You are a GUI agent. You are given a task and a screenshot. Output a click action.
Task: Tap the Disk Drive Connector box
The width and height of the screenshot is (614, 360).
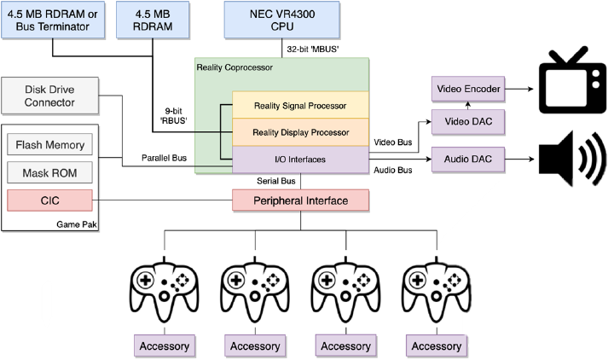click(49, 102)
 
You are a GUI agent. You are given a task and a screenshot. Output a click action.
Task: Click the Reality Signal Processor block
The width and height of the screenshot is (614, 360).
click(299, 106)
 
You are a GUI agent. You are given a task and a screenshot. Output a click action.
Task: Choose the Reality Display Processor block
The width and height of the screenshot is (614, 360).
click(299, 132)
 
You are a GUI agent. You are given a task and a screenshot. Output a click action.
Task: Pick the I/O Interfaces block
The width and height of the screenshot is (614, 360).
click(299, 159)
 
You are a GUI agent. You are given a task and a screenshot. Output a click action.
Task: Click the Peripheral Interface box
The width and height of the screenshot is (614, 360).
click(300, 200)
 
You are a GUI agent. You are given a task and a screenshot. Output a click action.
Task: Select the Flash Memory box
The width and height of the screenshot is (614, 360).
click(49, 144)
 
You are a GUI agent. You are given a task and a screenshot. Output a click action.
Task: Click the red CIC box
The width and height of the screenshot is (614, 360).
click(49, 200)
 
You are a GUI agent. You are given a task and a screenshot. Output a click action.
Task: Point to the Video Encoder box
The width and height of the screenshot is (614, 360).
click(467, 88)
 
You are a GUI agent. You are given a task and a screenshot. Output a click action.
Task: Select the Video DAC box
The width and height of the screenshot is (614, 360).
click(467, 123)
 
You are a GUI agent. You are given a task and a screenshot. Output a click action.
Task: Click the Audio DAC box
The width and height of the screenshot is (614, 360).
click(467, 159)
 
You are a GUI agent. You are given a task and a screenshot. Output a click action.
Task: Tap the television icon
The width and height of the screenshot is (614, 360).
click(569, 83)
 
